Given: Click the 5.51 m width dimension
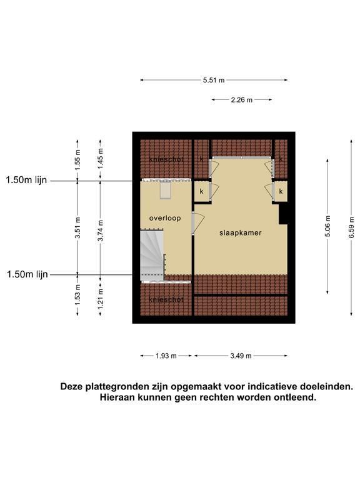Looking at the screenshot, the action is coord(214,80).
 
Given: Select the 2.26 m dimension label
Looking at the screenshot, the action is coord(241,100).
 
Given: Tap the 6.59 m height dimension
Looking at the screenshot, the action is coord(351,227).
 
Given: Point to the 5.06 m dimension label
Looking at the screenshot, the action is coord(327,226).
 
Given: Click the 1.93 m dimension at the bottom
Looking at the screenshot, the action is coord(166,356).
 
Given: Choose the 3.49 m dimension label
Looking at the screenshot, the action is coord(241,356).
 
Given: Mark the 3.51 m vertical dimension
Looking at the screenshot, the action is coord(77,227).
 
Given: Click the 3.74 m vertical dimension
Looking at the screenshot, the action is coord(101,231).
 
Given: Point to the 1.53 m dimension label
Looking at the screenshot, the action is coord(77,295).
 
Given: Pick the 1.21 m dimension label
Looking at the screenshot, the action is coord(101,299).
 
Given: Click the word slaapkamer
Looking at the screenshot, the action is coord(240,233).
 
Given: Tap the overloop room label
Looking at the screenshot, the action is coord(165,218).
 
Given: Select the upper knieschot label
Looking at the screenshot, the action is coord(166,159).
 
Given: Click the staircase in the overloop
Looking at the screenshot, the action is coord(152,255).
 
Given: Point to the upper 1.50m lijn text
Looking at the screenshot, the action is coord(26,180).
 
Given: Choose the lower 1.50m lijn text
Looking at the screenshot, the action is coord(27,274).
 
